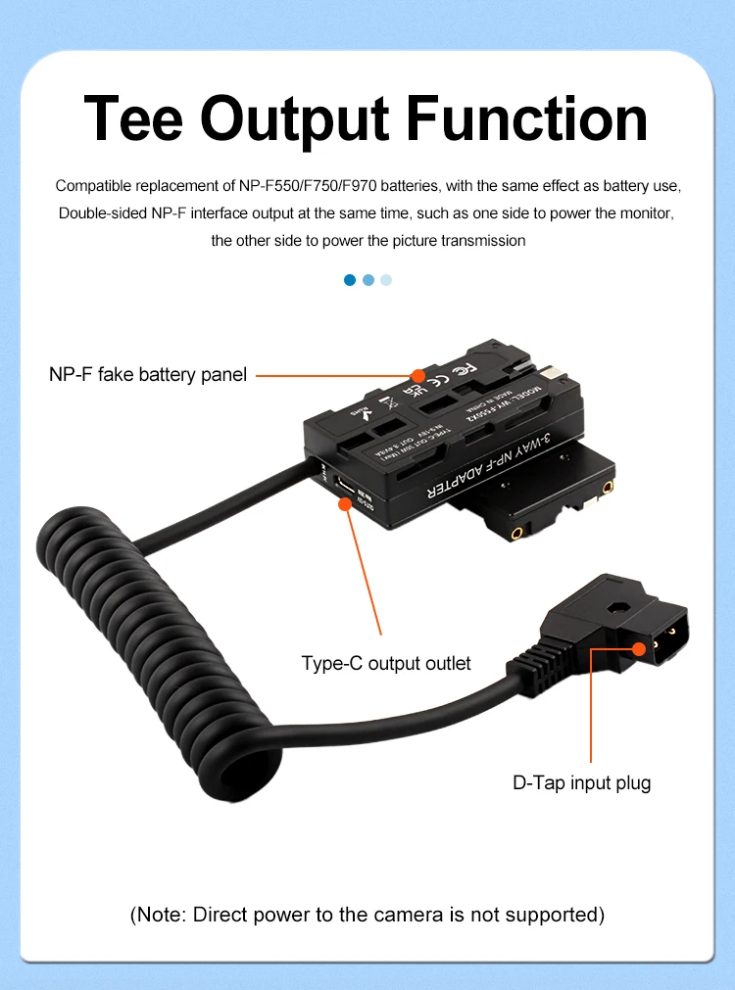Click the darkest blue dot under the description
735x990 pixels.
(350, 280)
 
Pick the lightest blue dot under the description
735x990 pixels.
(385, 280)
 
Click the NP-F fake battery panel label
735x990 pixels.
(148, 374)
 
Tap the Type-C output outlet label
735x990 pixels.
(386, 664)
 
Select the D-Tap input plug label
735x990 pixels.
(582, 782)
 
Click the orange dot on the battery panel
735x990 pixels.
(418, 375)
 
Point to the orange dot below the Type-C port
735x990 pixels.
(345, 504)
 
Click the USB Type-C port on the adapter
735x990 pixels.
(345, 486)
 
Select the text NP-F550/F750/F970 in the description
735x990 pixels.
(298, 185)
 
